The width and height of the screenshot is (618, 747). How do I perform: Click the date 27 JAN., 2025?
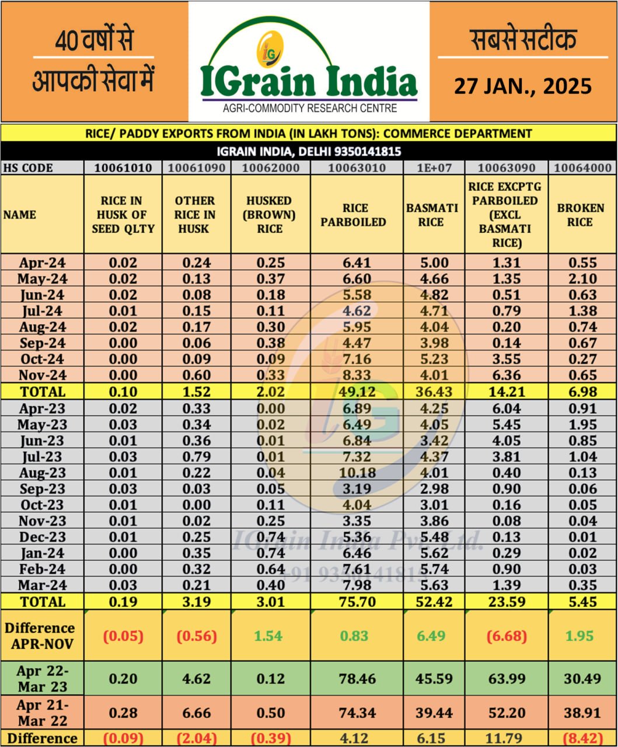tap(523, 86)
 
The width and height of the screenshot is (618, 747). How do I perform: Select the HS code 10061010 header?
tap(123, 168)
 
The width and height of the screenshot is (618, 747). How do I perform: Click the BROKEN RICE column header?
tap(581, 215)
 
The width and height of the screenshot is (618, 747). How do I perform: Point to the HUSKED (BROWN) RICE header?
tap(270, 214)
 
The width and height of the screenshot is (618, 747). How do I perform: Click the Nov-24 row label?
tap(42, 375)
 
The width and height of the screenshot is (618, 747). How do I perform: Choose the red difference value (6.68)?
tap(506, 636)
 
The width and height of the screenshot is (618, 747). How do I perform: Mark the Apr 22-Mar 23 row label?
tap(42, 678)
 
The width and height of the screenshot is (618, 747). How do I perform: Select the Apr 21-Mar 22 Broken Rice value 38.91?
tap(581, 713)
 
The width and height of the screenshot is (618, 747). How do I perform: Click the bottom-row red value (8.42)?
tap(581, 738)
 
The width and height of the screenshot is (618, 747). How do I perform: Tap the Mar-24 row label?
tap(42, 585)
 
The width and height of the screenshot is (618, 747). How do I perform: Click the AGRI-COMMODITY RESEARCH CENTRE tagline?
tap(309, 109)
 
